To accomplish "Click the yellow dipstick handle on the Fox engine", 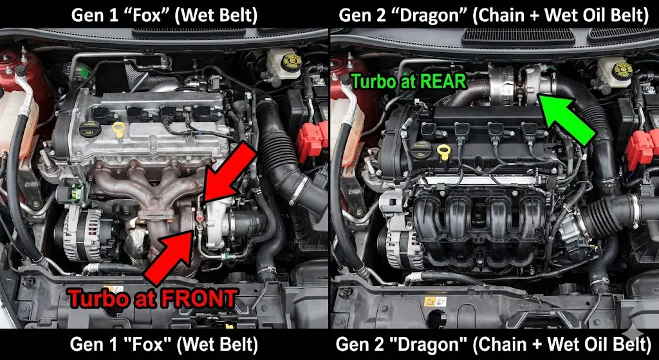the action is [x=118, y=129].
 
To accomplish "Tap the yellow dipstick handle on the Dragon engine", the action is [x=444, y=152].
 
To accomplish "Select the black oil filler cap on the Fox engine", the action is [x=90, y=128].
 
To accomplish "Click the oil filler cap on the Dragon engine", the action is [x=421, y=151].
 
